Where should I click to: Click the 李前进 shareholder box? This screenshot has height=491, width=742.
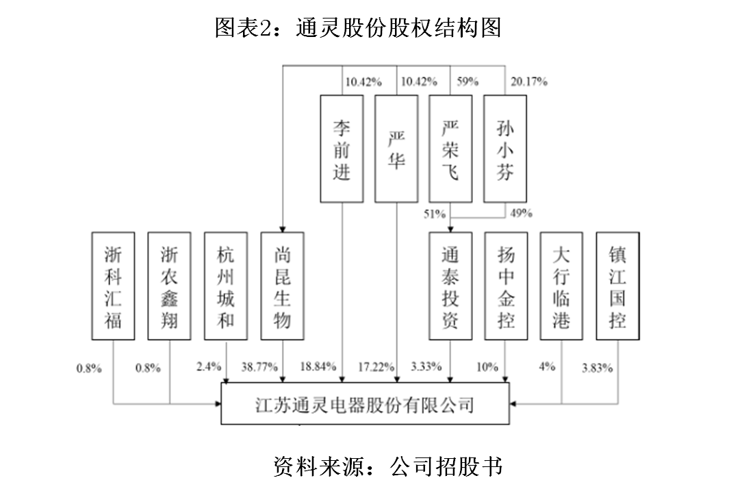pyautogui.click(x=342, y=149)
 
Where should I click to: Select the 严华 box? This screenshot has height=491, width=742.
pyautogui.click(x=396, y=149)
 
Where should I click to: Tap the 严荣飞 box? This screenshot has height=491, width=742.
pyautogui.click(x=450, y=149)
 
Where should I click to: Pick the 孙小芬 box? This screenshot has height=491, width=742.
pyautogui.click(x=505, y=149)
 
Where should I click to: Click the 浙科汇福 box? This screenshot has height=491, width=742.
pyautogui.click(x=114, y=286)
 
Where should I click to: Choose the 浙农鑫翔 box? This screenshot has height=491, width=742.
pyautogui.click(x=170, y=286)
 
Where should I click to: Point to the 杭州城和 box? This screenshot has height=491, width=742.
pyautogui.click(x=226, y=286)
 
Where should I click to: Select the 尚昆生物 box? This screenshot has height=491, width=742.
pyautogui.click(x=283, y=286)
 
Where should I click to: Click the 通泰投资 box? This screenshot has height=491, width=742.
pyautogui.click(x=450, y=286)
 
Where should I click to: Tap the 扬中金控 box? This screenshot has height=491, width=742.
pyautogui.click(x=506, y=286)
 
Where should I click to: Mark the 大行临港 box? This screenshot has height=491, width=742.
pyautogui.click(x=561, y=286)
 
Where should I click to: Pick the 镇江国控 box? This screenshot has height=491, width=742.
pyautogui.click(x=617, y=286)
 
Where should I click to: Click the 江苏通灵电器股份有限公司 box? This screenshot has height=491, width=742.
pyautogui.click(x=366, y=403)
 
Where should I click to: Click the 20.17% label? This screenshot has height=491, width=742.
pyautogui.click(x=529, y=82)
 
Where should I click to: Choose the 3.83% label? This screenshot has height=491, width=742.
pyautogui.click(x=596, y=367)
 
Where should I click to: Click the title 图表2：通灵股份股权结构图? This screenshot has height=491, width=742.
pyautogui.click(x=358, y=27)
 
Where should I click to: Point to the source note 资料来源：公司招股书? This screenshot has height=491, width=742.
pyautogui.click(x=387, y=466)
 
